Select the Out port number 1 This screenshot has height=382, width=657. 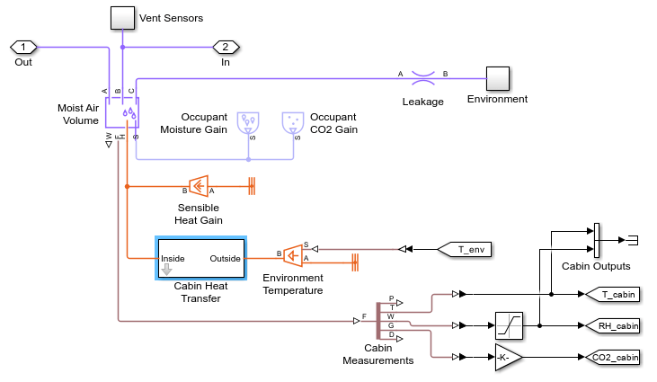(x=23, y=47)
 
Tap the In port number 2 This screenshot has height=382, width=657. (x=225, y=47)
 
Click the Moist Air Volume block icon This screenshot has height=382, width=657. (x=121, y=112)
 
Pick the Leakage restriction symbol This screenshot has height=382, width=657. (x=422, y=79)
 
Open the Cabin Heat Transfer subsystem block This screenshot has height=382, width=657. (x=200, y=259)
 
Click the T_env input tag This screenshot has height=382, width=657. (x=466, y=249)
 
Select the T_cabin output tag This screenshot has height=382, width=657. (x=613, y=294)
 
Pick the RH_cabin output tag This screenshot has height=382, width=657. (x=613, y=325)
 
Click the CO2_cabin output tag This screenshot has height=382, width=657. (x=614, y=357)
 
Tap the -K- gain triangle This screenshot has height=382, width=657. (x=507, y=357)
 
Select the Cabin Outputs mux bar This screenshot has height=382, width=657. (x=595, y=239)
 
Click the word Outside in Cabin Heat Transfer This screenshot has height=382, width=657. (x=226, y=259)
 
